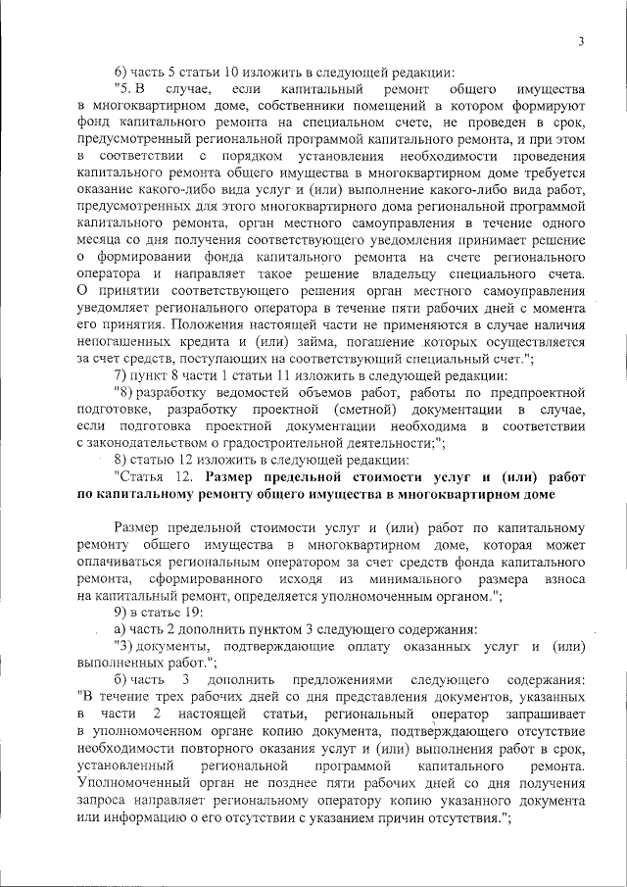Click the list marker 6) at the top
tap(121, 72)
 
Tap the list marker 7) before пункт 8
tap(121, 375)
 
